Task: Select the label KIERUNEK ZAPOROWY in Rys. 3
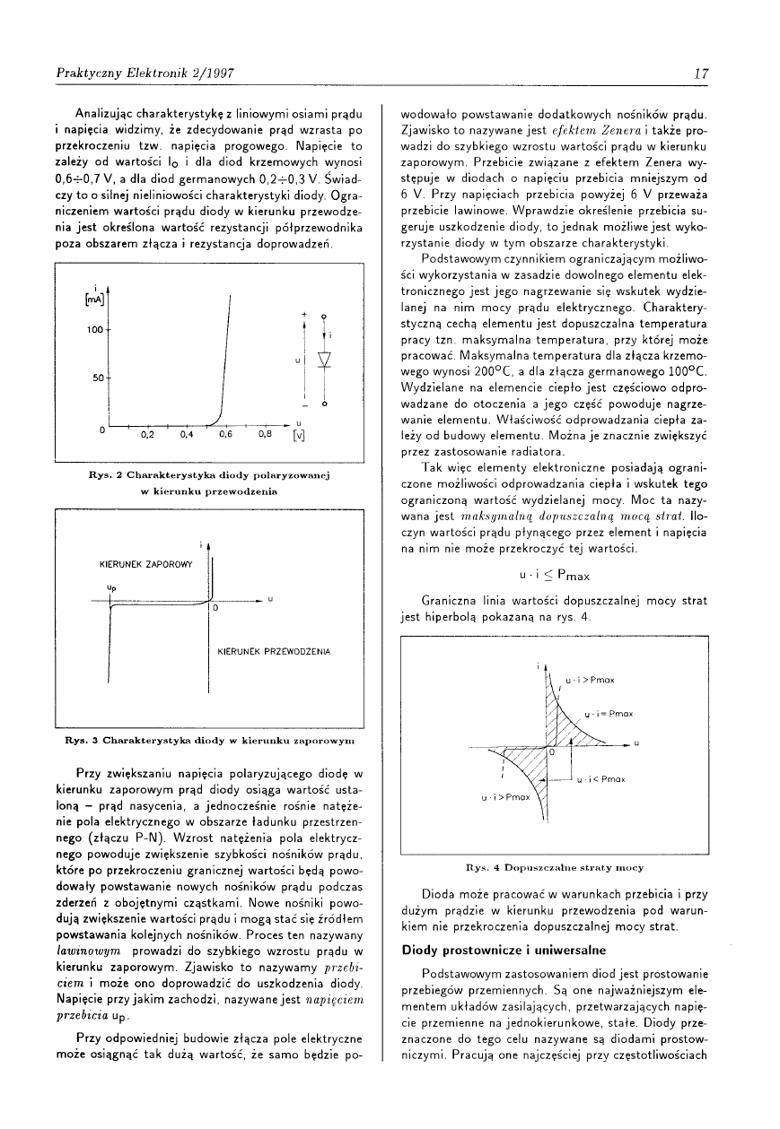(x=146, y=564)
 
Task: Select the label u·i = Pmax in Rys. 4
(x=609, y=714)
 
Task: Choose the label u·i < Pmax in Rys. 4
(x=600, y=779)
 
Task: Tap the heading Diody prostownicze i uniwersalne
(x=491, y=949)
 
